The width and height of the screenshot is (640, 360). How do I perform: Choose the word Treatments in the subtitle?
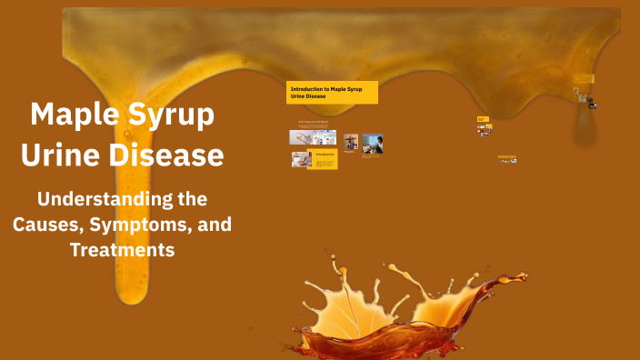(122, 249)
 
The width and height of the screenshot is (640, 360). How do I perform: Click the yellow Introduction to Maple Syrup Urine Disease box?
(332, 93)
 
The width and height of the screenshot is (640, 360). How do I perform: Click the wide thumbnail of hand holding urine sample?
(313, 137)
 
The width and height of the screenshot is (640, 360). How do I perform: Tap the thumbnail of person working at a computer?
(372, 143)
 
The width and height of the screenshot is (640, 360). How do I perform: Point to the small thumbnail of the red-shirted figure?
(350, 142)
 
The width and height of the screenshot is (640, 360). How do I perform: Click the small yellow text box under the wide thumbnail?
(325, 160)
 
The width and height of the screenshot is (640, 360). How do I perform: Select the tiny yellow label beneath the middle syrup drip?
(483, 118)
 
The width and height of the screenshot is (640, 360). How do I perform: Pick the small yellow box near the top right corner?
(583, 78)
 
